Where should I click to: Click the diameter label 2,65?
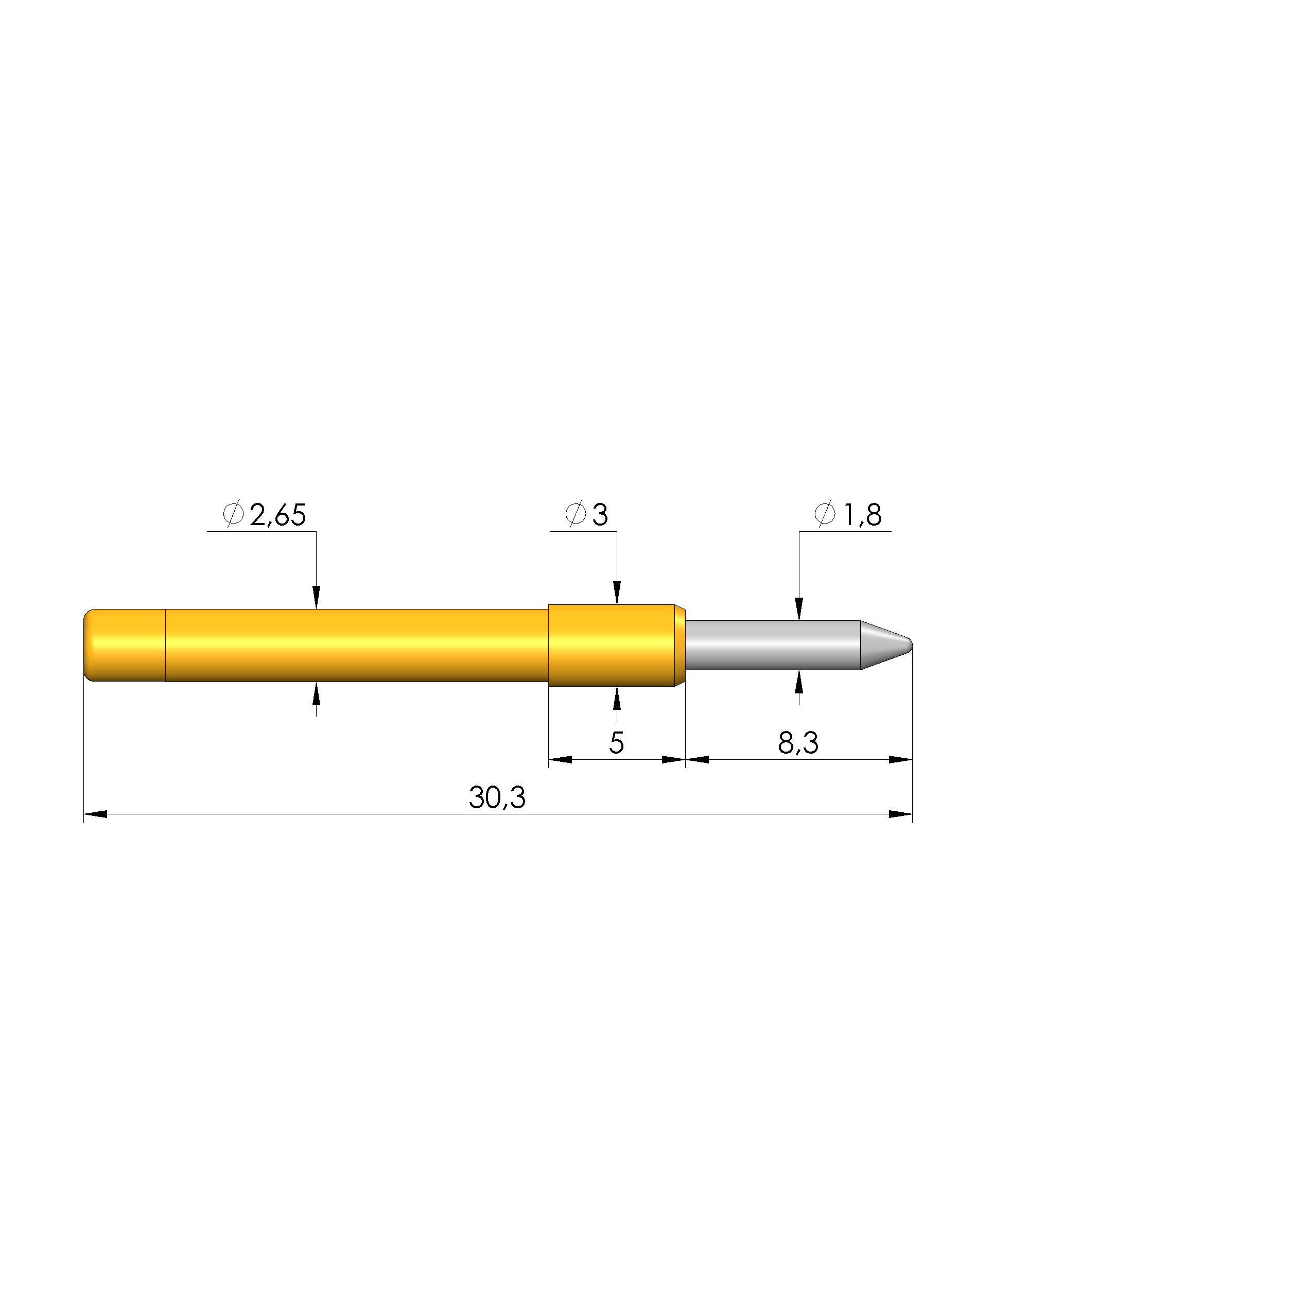point(277,515)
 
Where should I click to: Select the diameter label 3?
point(600,515)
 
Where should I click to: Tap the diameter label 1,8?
point(863,515)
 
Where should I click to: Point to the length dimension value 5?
point(617,743)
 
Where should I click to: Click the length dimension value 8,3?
point(798,743)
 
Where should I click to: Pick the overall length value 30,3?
point(497,797)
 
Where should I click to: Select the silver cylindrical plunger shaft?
point(773,645)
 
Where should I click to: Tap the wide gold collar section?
point(617,645)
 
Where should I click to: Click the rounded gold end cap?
point(125,645)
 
